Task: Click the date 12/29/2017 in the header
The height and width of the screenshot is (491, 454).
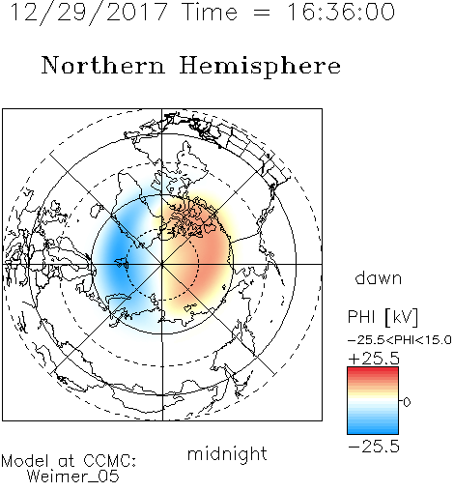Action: (x=89, y=13)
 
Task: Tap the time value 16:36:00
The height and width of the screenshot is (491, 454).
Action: (x=341, y=12)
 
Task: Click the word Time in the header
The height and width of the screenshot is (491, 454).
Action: (x=210, y=12)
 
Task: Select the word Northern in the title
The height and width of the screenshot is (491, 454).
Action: (x=103, y=66)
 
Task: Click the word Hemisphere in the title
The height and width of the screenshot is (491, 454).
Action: (x=260, y=67)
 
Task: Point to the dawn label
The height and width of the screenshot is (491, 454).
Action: (x=379, y=277)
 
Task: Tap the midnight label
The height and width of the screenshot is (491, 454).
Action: (x=227, y=454)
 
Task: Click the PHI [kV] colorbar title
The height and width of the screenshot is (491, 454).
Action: (x=383, y=317)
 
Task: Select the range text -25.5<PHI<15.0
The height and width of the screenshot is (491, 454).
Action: (x=400, y=340)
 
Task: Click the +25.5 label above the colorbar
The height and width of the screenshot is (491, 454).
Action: (x=374, y=359)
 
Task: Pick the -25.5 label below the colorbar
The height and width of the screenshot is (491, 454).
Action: (x=374, y=447)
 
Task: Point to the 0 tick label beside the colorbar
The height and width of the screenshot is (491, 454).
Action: (x=407, y=402)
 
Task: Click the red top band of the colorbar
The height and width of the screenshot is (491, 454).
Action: (x=373, y=370)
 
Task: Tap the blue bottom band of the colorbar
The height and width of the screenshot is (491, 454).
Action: (x=373, y=430)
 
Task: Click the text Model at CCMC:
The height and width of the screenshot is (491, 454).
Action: (x=69, y=461)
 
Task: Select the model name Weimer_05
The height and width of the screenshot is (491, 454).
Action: (x=73, y=477)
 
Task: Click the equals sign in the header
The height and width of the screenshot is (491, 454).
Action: (x=262, y=13)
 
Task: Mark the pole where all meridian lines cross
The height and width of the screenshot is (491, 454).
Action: (x=162, y=264)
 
